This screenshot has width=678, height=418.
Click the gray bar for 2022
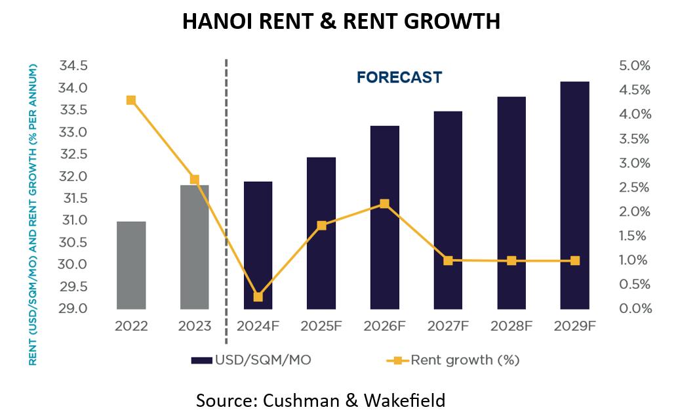coord(131,265)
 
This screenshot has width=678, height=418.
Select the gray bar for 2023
coord(195,247)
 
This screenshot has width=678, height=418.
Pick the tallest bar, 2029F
coord(574,195)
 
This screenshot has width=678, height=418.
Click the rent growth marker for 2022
coord(131,100)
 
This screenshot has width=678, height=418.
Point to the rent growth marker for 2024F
coord(258,297)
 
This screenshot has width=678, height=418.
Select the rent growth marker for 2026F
coord(385,203)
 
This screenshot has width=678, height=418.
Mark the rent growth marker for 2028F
coord(511,261)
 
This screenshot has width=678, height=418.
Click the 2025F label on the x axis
coord(321,325)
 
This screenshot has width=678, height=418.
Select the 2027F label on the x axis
coord(448,325)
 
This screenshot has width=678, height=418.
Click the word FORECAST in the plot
coord(399,77)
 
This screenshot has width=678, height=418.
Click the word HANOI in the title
coord(216,22)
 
